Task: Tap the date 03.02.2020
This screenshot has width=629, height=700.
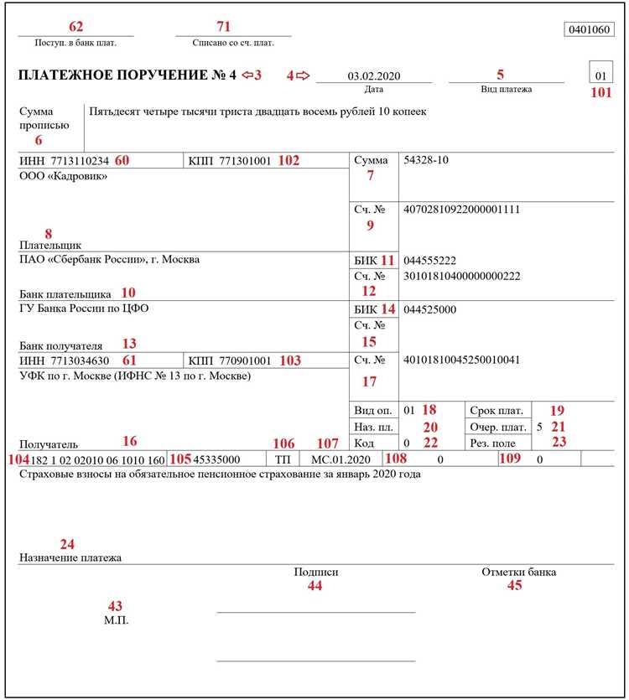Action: click(374, 75)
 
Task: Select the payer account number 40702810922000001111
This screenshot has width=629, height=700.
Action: click(461, 210)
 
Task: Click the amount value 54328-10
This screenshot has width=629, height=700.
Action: click(426, 160)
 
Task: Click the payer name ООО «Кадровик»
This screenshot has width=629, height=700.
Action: click(63, 176)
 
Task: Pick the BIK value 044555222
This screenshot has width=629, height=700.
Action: click(431, 261)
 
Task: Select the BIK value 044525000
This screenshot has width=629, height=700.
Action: click(431, 309)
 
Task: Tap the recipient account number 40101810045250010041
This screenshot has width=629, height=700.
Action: click(461, 360)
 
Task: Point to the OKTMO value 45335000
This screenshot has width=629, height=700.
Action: click(216, 459)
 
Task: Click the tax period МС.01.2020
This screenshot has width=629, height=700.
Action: click(340, 459)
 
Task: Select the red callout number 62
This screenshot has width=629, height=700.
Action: click(75, 27)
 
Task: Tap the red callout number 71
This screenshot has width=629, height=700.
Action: click(223, 27)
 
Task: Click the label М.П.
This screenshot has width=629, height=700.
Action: click(117, 620)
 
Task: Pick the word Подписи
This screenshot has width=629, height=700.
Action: click(315, 572)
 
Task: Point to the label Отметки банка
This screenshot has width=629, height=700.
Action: click(518, 572)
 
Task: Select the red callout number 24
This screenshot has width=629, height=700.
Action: click(67, 544)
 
